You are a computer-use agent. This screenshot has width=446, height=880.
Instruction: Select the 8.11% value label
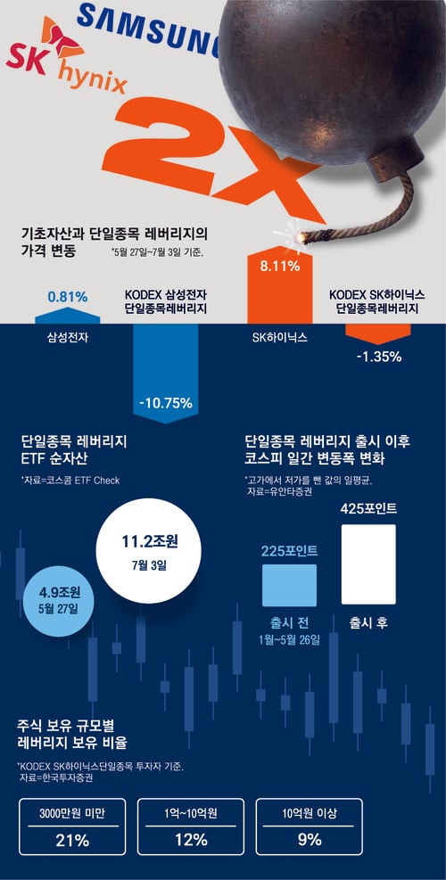pos(280,266)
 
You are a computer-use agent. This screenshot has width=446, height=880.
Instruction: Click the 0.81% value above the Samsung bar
pos(68,296)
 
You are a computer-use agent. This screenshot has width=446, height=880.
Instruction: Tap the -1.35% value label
pos(378,356)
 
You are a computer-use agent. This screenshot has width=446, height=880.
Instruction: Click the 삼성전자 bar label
pos(68,337)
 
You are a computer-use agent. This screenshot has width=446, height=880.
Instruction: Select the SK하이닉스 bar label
pos(280,338)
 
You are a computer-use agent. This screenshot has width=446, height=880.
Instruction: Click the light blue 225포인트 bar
pos(289,586)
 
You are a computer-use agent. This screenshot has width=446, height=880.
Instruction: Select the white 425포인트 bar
pos(368,564)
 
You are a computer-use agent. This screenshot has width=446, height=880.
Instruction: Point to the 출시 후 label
pos(368,622)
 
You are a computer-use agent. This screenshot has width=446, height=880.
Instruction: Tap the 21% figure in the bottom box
pos(72,840)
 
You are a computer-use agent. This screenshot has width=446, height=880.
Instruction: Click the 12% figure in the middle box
pos(191,840)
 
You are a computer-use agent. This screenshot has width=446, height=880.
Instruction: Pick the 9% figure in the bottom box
pos(310,840)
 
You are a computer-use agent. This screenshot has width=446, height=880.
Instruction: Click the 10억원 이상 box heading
pos(310,812)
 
